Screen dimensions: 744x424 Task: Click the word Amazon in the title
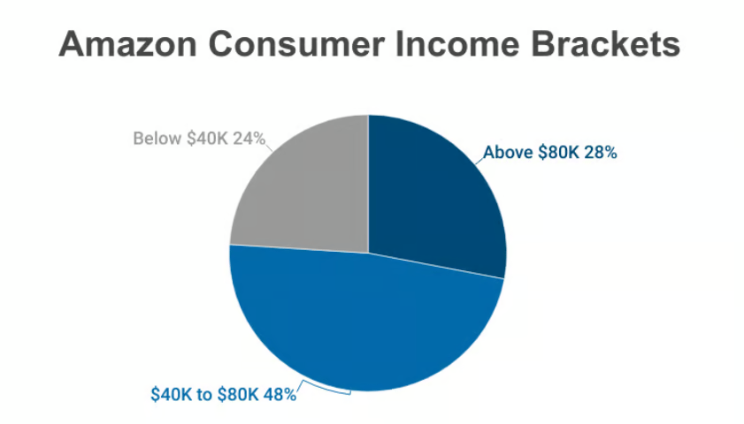coord(127,43)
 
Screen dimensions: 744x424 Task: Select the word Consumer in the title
coord(296,43)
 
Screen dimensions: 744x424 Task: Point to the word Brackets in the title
coord(606,43)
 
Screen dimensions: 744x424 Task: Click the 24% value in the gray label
coord(249,139)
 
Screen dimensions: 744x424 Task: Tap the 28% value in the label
coord(600,153)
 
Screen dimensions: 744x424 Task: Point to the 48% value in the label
coord(280,395)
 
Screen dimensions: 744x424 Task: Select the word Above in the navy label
coord(508,153)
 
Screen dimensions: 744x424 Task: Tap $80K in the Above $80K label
coord(558,153)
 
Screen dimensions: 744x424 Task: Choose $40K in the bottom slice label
coord(172,395)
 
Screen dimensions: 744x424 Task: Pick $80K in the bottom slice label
coord(238,395)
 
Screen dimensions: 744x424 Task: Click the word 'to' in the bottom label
coord(205,395)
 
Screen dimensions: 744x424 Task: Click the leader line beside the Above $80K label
coord(479,160)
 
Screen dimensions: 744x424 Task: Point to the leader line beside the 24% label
coord(269,148)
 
